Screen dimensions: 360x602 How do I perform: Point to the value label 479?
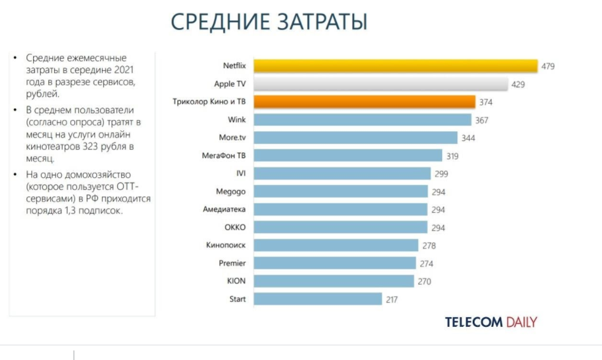(548, 66)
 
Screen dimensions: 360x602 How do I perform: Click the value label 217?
(392, 299)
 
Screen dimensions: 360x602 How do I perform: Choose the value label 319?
(452, 155)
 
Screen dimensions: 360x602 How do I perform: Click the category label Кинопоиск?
(226, 245)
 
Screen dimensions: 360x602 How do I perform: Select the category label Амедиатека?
(224, 209)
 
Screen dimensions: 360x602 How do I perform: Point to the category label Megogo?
(231, 191)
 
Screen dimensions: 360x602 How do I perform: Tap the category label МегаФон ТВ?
(223, 155)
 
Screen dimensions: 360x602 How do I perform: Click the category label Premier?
(232, 263)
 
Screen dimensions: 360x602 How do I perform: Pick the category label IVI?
(240, 173)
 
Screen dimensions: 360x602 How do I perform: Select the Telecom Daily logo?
(491, 322)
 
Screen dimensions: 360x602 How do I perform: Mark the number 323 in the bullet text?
(103, 147)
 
